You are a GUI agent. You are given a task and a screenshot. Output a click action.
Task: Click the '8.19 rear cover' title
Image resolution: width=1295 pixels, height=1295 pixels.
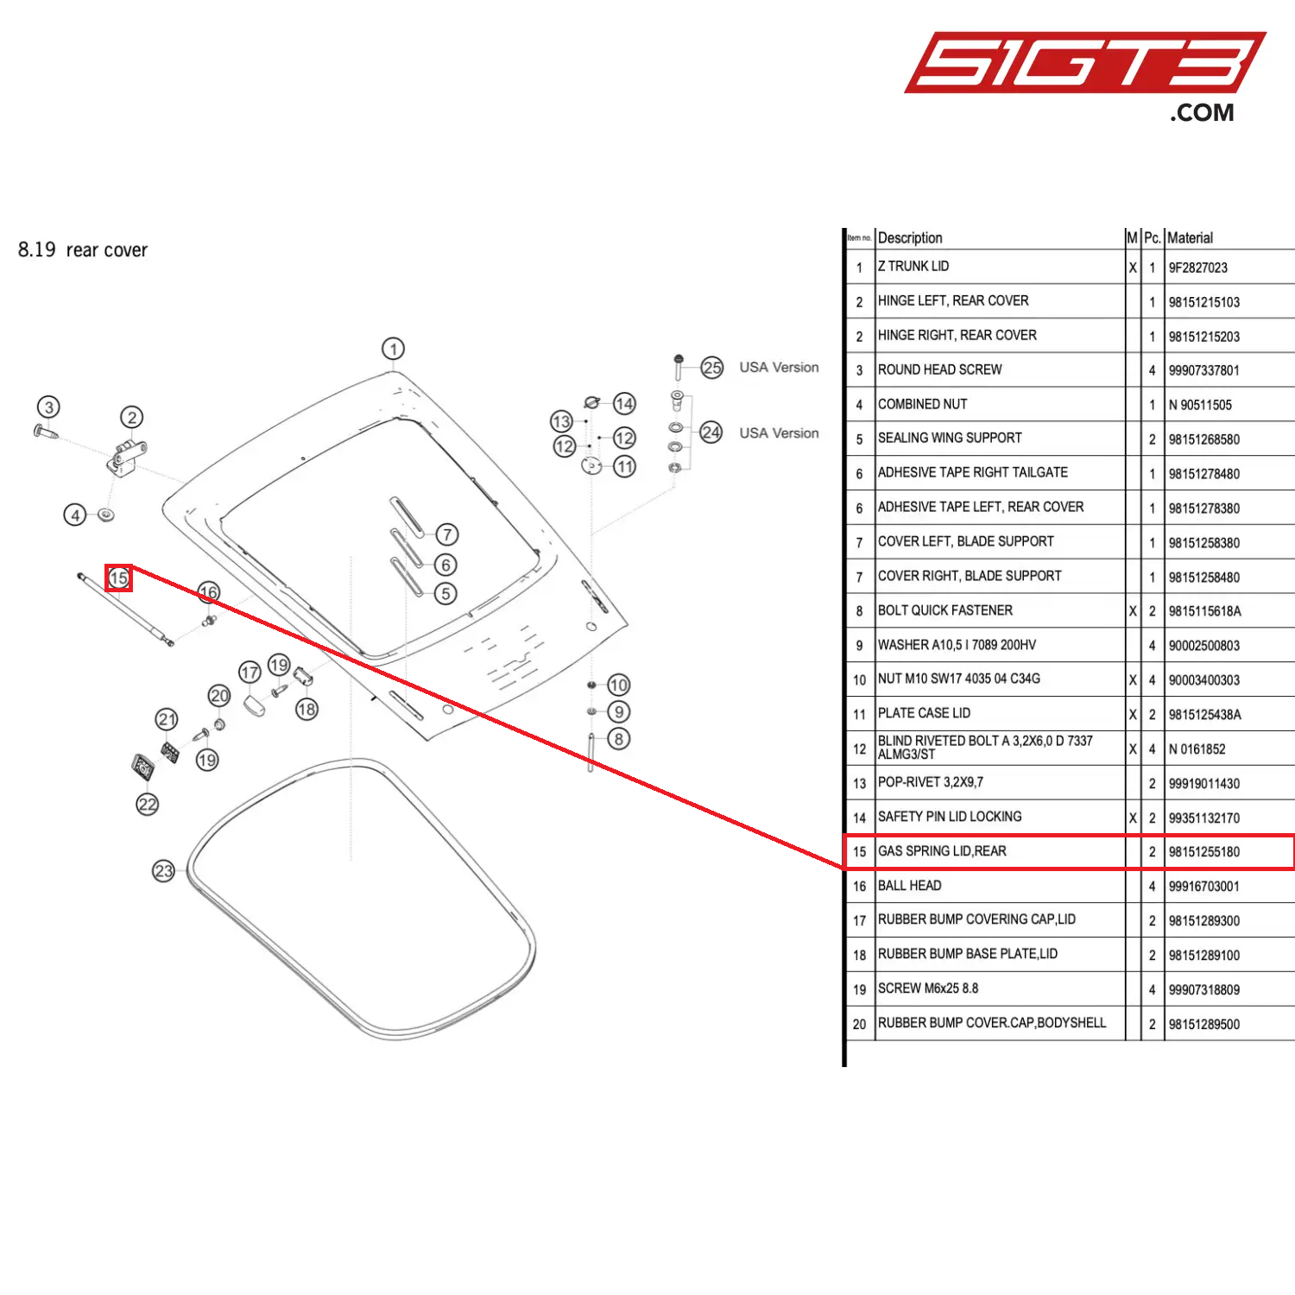click(83, 250)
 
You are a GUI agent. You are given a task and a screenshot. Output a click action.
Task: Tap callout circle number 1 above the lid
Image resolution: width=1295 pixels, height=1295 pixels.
click(393, 349)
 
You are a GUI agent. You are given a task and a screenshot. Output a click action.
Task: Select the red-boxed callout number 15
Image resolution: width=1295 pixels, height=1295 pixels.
click(118, 578)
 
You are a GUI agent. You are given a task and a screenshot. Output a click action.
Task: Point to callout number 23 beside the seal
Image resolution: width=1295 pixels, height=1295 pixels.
click(163, 871)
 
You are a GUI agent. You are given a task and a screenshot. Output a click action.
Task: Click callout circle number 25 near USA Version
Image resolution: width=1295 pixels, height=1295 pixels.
click(711, 368)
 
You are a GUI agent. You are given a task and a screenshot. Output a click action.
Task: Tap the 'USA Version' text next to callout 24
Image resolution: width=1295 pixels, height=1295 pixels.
click(779, 433)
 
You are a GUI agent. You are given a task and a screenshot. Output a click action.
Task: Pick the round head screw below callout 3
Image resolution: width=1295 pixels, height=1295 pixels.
click(46, 431)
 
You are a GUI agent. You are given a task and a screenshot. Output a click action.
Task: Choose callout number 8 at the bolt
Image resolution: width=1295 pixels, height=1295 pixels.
click(618, 739)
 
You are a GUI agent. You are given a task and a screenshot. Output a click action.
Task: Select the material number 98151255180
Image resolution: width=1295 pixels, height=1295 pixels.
click(1203, 852)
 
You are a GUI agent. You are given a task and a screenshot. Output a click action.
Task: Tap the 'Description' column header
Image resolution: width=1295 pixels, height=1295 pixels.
click(910, 238)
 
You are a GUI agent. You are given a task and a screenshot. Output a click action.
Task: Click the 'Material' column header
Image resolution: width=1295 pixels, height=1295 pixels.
click(1190, 238)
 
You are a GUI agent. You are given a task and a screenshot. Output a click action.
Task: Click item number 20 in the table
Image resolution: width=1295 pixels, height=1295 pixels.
click(859, 1025)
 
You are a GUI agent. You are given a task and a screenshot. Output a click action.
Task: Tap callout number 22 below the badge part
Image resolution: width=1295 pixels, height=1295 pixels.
click(148, 805)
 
